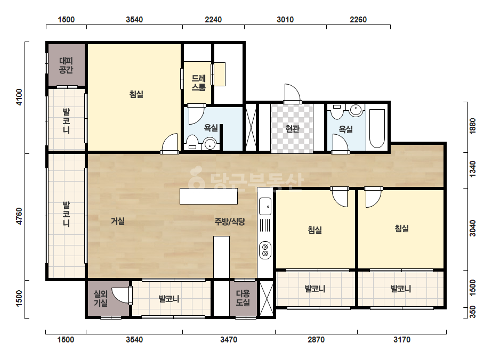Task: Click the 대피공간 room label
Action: [66, 65]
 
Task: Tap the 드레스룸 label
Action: [198, 83]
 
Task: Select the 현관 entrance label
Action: [292, 128]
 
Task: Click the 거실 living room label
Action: [118, 221]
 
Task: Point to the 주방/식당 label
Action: [230, 222]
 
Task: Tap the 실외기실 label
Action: [101, 298]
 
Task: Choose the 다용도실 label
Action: [243, 298]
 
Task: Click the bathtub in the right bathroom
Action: [377, 128]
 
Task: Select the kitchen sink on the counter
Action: [265, 206]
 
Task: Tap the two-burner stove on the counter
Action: [265, 250]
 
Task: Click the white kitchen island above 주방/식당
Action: [208, 197]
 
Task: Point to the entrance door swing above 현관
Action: [292, 93]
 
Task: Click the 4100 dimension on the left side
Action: [19, 97]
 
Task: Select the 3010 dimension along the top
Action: [285, 20]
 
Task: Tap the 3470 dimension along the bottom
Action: [229, 340]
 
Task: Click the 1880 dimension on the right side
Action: [473, 126]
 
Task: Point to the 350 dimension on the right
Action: [473, 313]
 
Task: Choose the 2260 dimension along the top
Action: [358, 20]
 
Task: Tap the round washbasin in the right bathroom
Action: [356, 110]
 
